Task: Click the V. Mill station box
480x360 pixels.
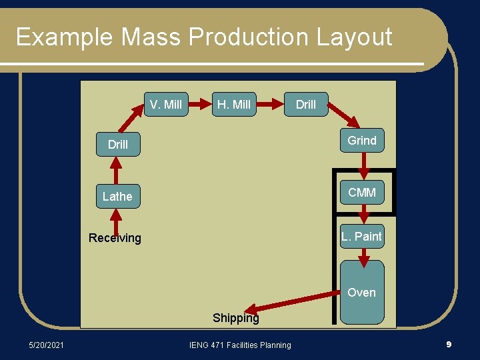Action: [x=166, y=104]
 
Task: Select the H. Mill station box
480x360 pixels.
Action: [x=234, y=104]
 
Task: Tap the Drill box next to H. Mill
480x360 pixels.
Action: [x=306, y=104]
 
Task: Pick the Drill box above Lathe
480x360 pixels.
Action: [x=118, y=144]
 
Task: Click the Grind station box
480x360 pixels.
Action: [x=362, y=141]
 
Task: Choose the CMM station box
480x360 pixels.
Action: [x=362, y=193]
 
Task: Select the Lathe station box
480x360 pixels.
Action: [x=117, y=196]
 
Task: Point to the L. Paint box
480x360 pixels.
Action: [x=362, y=236]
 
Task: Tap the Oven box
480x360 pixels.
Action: [x=362, y=292]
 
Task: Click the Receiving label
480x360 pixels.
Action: [x=115, y=238]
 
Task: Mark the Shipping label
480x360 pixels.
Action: [x=235, y=318]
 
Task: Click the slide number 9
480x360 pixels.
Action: [x=449, y=345]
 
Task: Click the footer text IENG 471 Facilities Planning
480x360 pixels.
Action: [x=240, y=345]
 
